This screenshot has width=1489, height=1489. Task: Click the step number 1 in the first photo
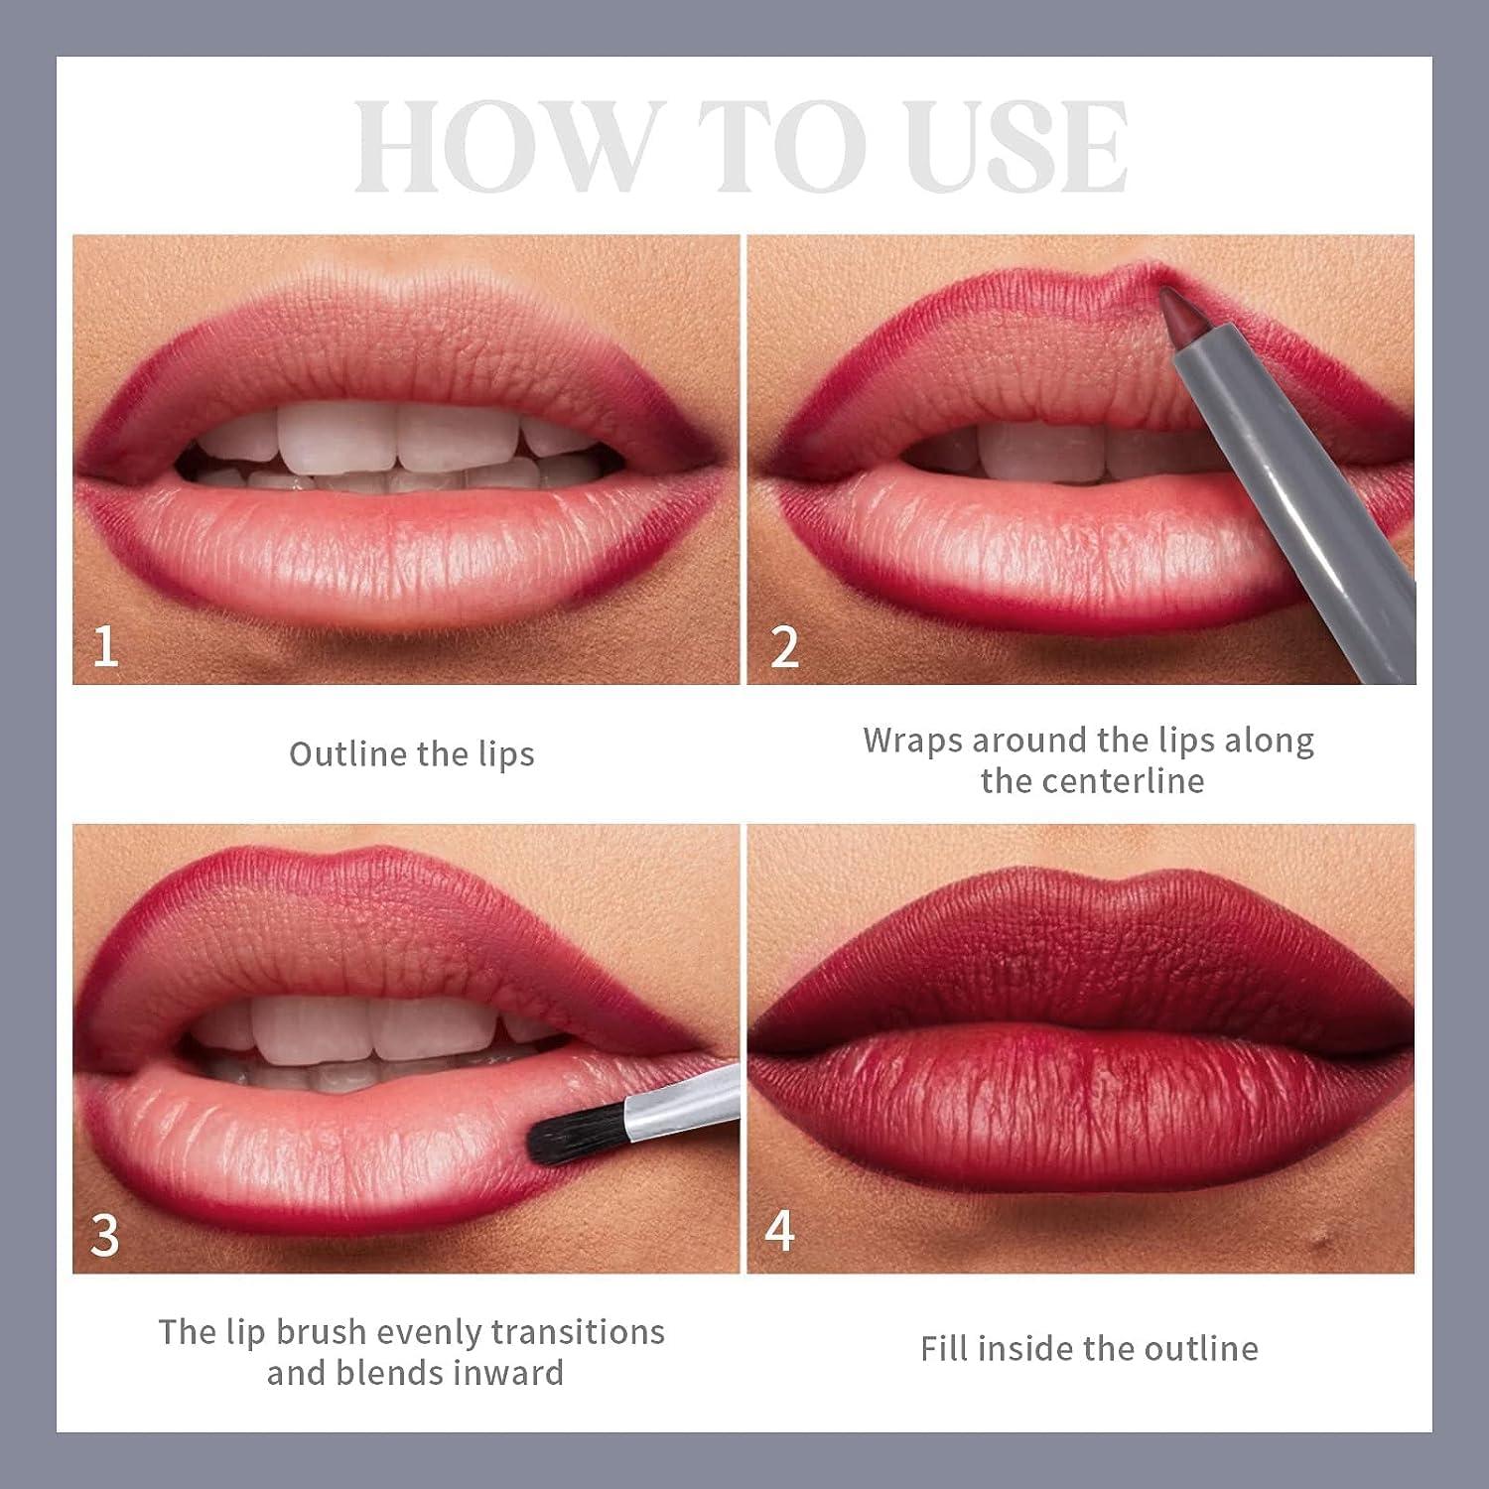[x=104, y=646]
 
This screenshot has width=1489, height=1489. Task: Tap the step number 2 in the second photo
[x=783, y=646]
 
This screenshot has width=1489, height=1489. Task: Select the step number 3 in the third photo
[x=104, y=1235]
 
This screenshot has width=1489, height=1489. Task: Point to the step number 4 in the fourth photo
[x=779, y=1231]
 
